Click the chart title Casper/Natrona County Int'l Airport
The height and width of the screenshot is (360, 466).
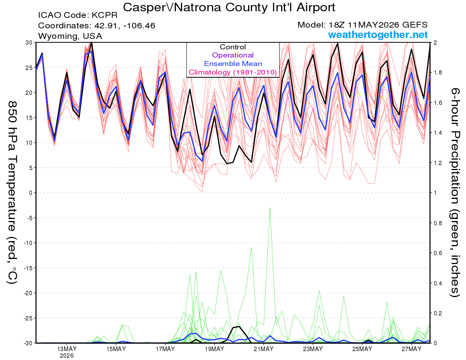pos(229,7)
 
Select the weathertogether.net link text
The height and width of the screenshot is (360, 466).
pos(377,35)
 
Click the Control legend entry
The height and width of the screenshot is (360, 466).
pos(233,47)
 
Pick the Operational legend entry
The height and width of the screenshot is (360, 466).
pos(233,55)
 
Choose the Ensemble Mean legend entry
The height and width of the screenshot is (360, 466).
pos(233,64)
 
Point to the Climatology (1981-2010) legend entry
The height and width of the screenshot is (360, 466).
pos(233,72)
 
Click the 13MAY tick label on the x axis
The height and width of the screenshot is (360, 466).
pos(67,349)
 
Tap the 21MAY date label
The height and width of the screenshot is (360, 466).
pos(264,349)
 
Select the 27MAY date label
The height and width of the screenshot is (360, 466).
pos(411,349)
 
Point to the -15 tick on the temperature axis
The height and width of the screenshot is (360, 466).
pos(28,268)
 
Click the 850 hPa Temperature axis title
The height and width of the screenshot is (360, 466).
pos(12,193)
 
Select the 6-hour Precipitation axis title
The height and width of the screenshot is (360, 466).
pos(455,192)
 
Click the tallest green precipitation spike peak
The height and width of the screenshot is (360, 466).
pos(270,207)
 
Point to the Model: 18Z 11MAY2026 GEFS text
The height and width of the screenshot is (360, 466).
pos(362,25)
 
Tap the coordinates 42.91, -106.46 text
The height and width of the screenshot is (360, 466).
pos(97,26)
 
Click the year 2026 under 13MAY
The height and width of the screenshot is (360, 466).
pos(67,356)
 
